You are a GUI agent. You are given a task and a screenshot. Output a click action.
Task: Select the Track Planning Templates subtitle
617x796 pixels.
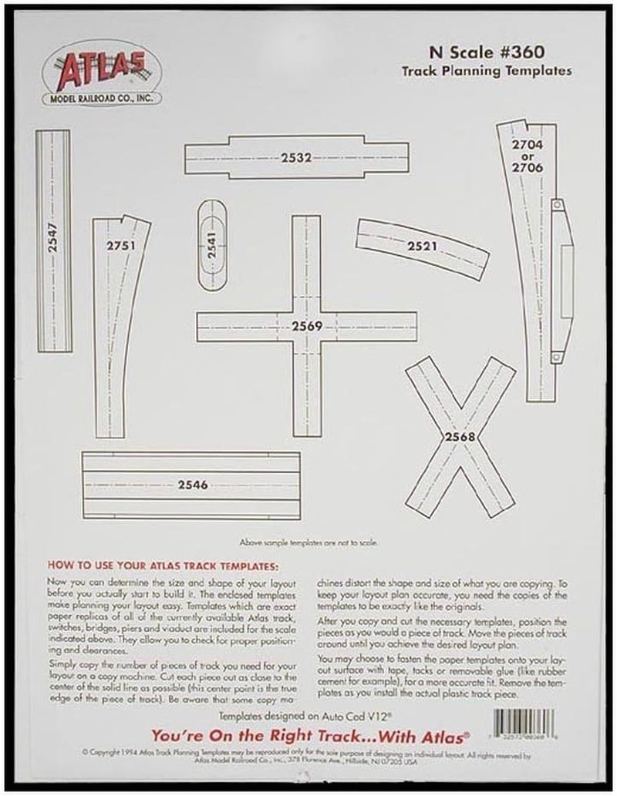[x=486, y=71]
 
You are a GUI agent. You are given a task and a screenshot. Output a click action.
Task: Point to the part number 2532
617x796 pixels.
[x=295, y=156]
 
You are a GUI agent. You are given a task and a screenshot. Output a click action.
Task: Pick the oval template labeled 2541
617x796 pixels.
[x=214, y=244]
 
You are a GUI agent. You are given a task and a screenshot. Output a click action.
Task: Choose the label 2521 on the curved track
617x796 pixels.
[x=424, y=247]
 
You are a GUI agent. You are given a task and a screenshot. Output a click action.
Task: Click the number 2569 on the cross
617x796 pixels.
[x=306, y=326]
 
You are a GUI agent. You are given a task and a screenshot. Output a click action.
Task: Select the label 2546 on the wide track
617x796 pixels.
[x=193, y=484]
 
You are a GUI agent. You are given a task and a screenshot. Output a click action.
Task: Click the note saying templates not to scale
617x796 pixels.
[x=308, y=542]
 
